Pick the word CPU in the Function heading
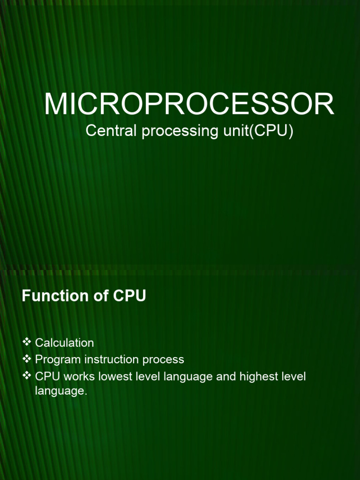pos(129,296)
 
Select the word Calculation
pos(64,343)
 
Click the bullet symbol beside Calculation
pos(27,342)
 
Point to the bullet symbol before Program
pos(27,359)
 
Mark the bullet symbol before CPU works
pos(27,376)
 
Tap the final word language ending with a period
pos(61,391)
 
